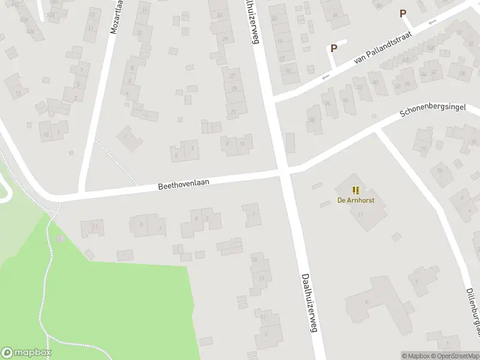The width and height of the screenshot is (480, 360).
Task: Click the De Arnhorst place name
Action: [x=355, y=200]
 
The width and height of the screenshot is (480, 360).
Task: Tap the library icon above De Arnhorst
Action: [x=355, y=190]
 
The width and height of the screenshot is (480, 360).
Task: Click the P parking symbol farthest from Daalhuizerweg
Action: [x=403, y=13]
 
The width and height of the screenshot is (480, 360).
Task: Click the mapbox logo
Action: [x=26, y=353]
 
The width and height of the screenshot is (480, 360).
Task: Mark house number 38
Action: [x=463, y=73]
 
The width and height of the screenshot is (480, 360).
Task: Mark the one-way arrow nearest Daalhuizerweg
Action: [x=326, y=77]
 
